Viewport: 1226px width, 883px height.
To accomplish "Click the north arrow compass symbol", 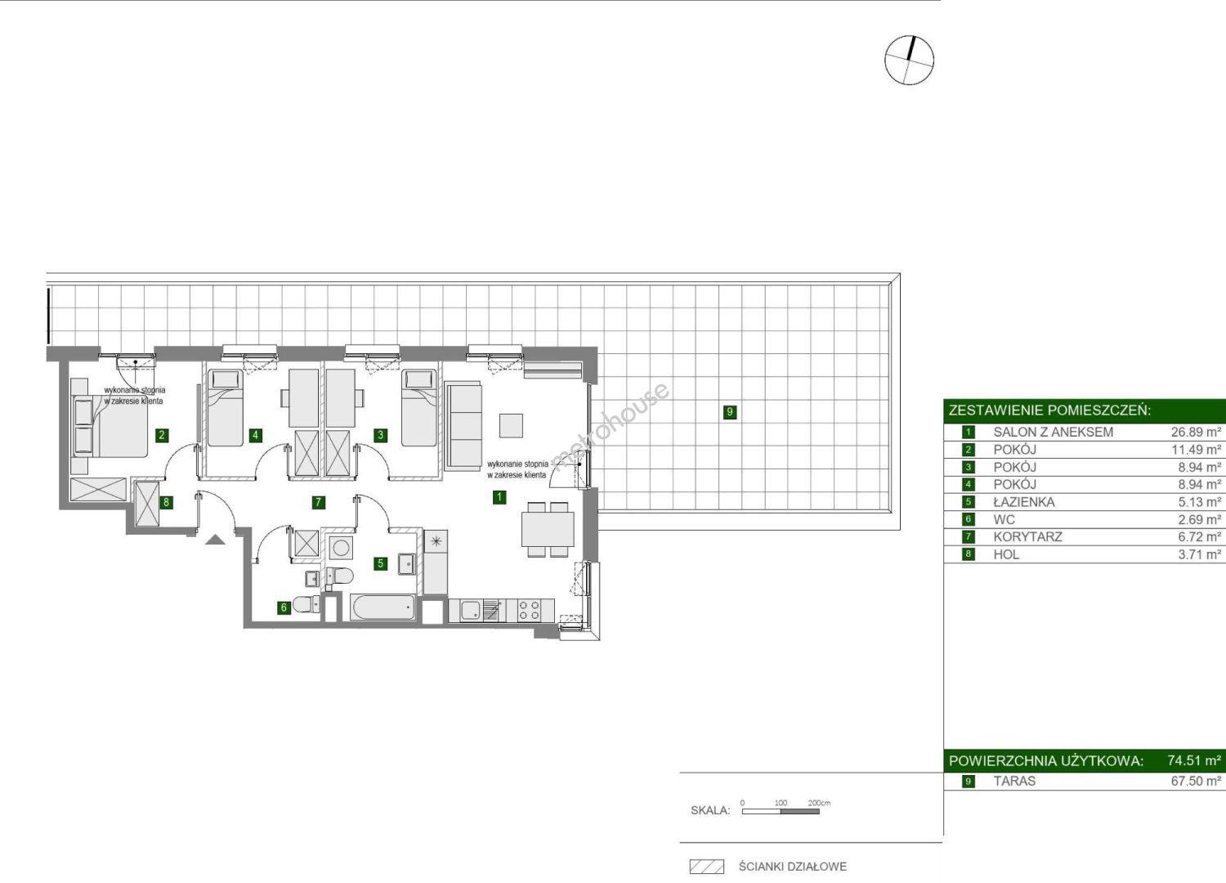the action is (x=909, y=61).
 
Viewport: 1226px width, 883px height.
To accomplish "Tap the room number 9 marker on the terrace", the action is (x=729, y=412).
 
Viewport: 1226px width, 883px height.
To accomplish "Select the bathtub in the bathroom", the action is (x=383, y=607).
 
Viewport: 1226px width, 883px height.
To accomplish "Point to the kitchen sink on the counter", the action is (x=471, y=611).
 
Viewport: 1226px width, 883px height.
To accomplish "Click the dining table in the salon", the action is (x=548, y=529).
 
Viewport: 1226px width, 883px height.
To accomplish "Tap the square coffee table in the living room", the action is (x=511, y=425).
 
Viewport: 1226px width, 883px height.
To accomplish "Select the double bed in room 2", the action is (x=110, y=425).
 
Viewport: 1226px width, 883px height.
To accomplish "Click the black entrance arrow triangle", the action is (x=215, y=540).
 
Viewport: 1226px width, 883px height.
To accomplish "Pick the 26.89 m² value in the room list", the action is (x=1196, y=432).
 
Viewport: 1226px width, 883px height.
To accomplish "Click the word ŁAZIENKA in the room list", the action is (x=1024, y=502).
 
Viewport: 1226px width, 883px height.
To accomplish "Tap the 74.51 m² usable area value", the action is (x=1194, y=760).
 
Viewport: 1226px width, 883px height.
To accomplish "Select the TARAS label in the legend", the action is (x=1015, y=781).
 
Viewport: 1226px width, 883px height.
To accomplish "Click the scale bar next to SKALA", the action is (x=781, y=811).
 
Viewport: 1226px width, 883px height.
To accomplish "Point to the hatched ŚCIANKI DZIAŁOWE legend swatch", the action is (x=707, y=867).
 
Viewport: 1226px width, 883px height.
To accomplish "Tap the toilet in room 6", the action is (x=306, y=604).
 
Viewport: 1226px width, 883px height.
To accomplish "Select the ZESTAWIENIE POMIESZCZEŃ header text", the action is (x=1049, y=410).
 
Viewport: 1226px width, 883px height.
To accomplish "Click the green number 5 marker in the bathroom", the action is (x=380, y=563).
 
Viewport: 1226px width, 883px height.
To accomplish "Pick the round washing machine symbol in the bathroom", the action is (x=341, y=548).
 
